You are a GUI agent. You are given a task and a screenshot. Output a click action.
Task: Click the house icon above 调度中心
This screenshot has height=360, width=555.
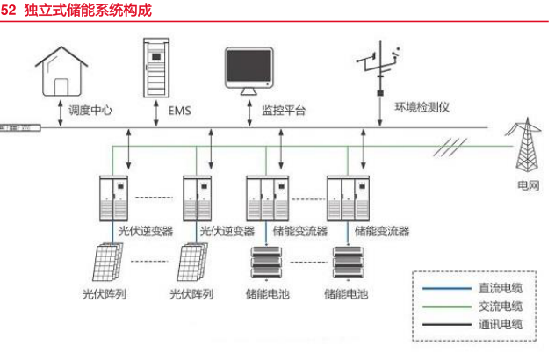pyautogui.click(x=61, y=71)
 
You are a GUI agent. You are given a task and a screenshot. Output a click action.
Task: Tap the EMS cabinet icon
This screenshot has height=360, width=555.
pyautogui.click(x=156, y=68)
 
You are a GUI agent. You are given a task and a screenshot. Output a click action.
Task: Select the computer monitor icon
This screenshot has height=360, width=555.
pyautogui.click(x=249, y=71)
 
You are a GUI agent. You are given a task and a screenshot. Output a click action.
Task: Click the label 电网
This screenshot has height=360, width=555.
pyautogui.click(x=529, y=185)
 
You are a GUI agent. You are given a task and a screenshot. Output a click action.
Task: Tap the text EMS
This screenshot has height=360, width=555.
pyautogui.click(x=179, y=111)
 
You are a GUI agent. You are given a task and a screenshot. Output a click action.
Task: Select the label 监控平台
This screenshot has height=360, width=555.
pyautogui.click(x=284, y=111)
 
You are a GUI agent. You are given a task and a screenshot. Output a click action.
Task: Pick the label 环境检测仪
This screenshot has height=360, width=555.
pyautogui.click(x=422, y=107)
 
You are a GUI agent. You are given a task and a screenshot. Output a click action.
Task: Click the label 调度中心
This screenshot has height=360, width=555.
pyautogui.click(x=90, y=111)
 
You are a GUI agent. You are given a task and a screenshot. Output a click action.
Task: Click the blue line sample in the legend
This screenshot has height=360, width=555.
pyautogui.click(x=446, y=289)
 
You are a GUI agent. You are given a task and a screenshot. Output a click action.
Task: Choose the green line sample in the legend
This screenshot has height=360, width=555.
pyautogui.click(x=446, y=306)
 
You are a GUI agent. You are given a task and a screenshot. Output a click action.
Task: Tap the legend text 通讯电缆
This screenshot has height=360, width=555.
pyautogui.click(x=501, y=324)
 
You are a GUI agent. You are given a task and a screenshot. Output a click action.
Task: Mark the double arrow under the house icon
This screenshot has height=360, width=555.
pyautogui.click(x=61, y=113)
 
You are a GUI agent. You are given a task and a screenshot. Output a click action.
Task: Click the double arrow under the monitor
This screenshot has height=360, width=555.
pyautogui.click(x=249, y=113)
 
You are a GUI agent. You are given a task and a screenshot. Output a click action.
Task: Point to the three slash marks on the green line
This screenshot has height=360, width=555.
pyautogui.click(x=450, y=148)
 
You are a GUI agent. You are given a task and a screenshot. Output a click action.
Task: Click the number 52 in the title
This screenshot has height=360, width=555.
pyautogui.click(x=8, y=10)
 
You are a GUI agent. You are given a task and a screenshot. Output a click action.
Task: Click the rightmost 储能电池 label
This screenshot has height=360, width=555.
pyautogui.click(x=346, y=294)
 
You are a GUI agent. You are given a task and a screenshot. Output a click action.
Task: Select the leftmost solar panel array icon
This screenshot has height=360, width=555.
pyautogui.click(x=108, y=262)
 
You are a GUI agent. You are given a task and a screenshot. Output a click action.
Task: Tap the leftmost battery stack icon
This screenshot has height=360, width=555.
pyautogui.click(x=266, y=263)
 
